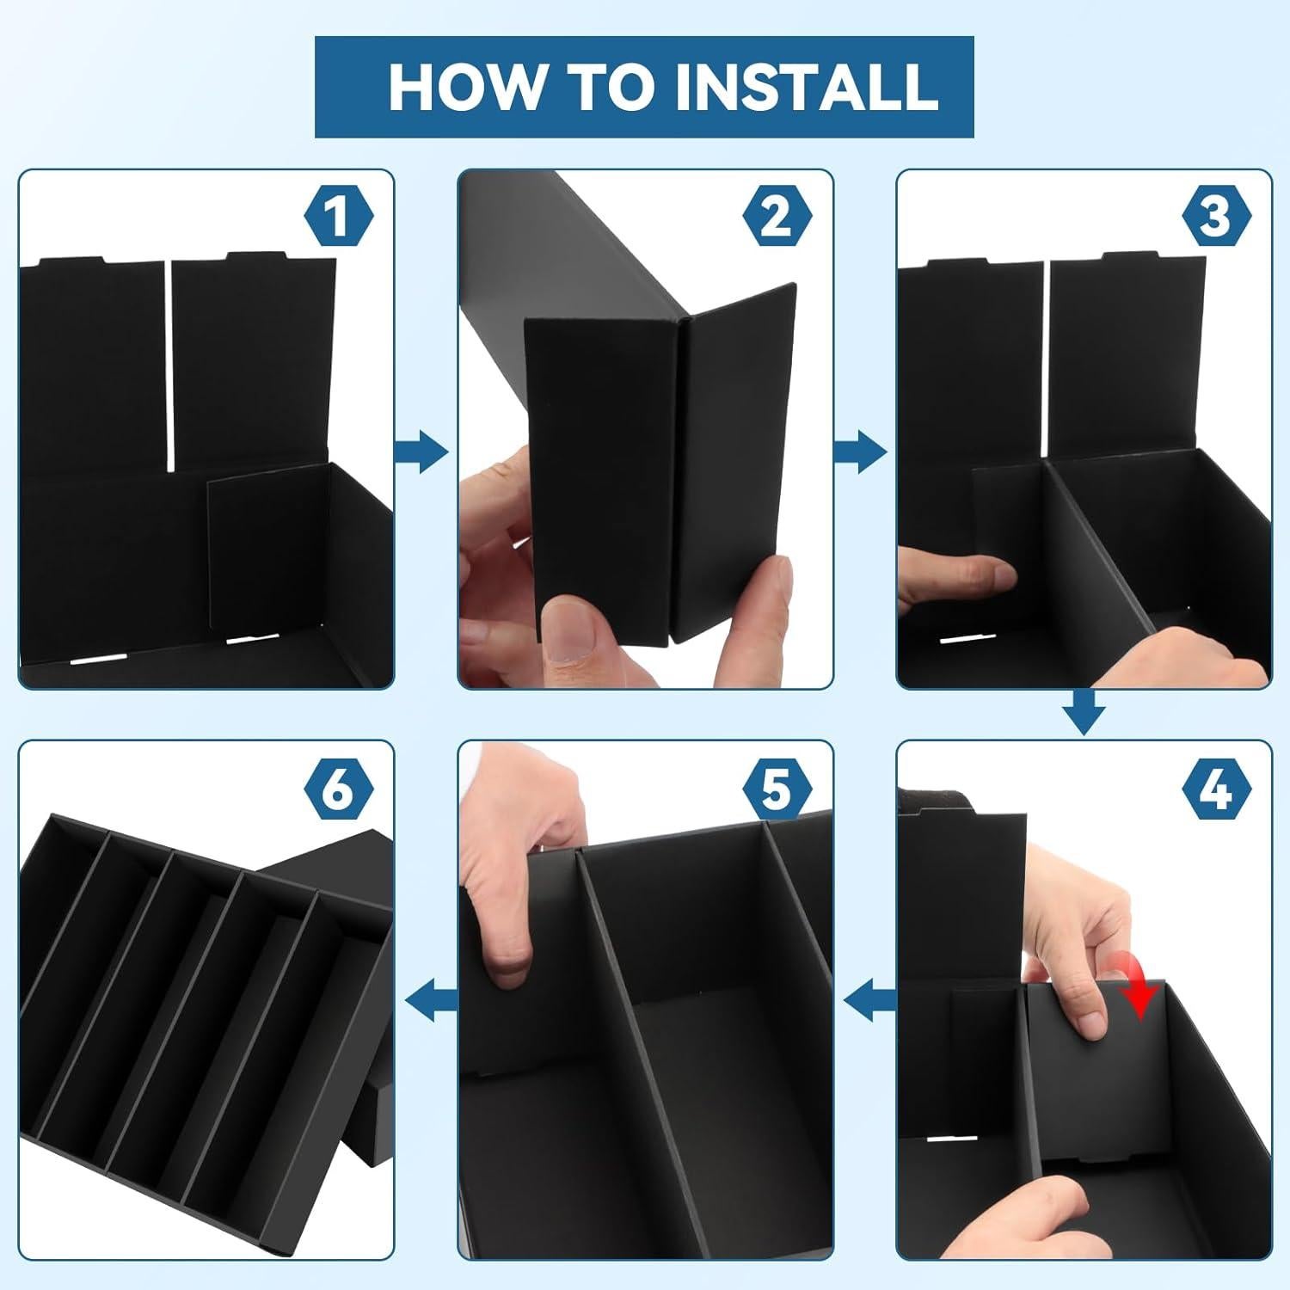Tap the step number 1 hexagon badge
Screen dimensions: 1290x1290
click(x=337, y=216)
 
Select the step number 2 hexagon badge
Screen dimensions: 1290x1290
click(x=776, y=216)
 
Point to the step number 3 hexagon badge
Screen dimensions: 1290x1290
click(x=1214, y=216)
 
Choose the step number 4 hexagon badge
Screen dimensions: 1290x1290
click(x=1214, y=788)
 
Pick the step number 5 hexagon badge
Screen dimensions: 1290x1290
click(x=776, y=788)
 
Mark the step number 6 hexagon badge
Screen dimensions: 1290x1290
click(x=337, y=788)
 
